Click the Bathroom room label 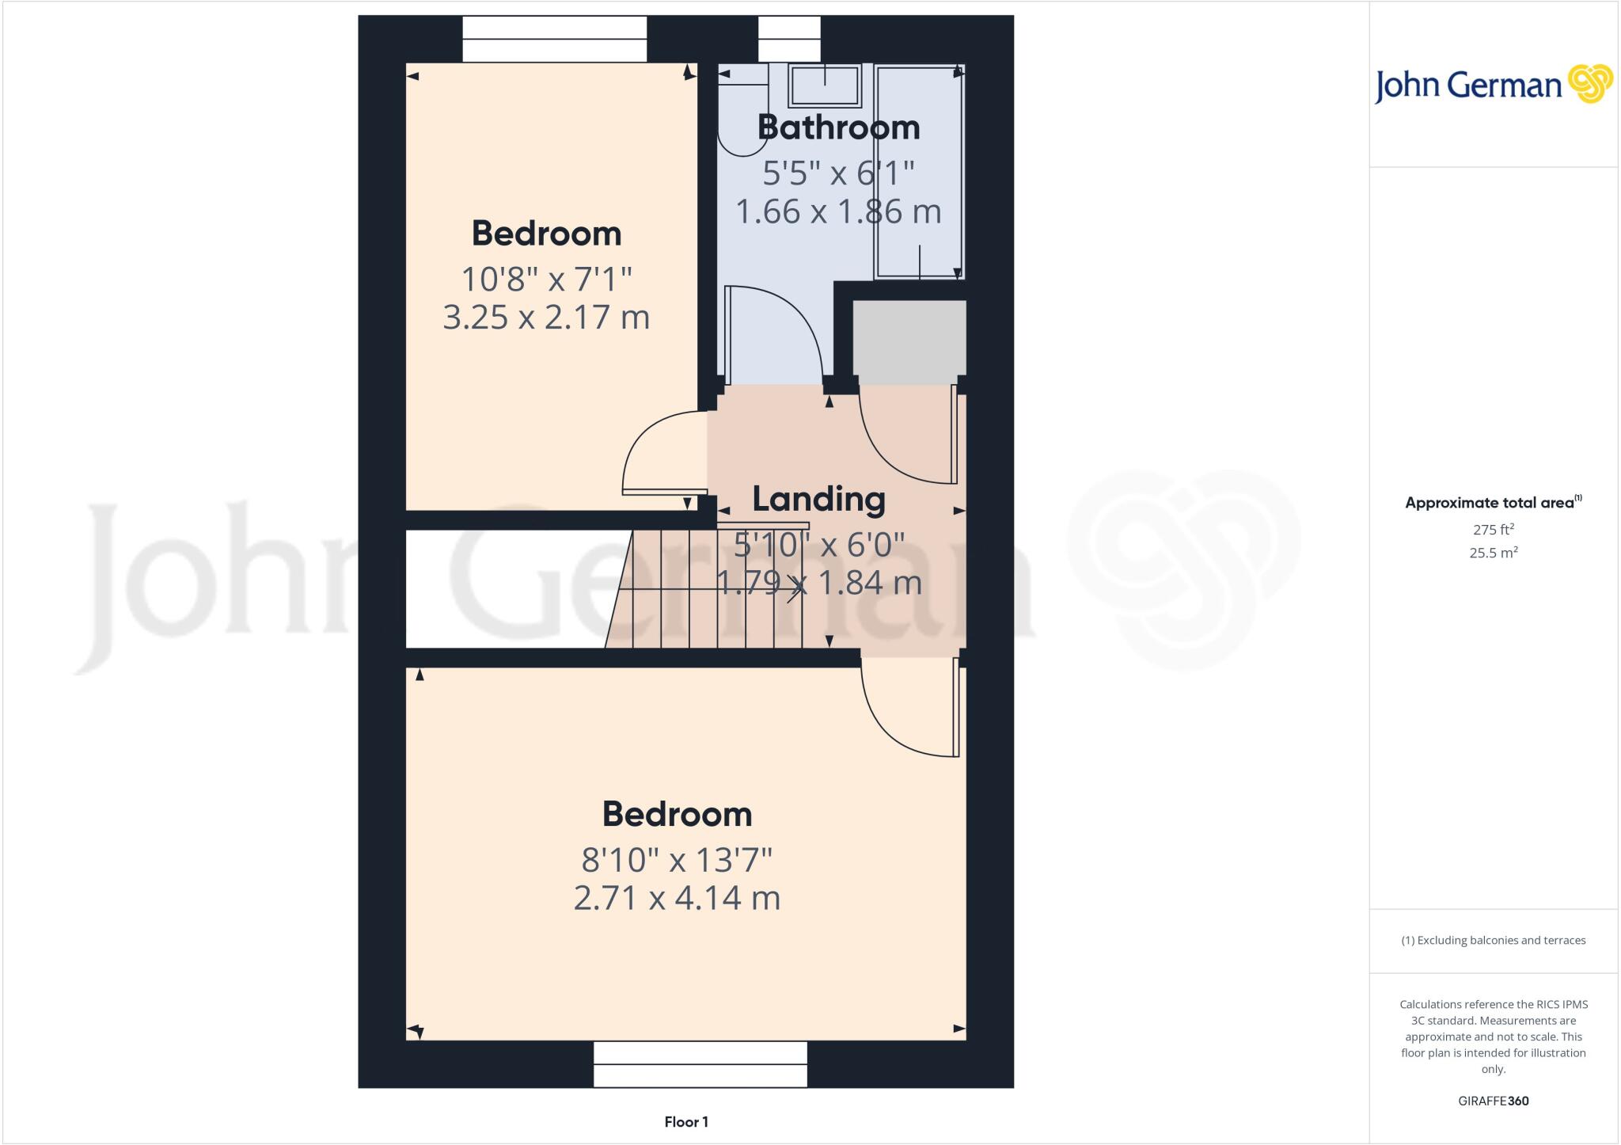click(x=838, y=127)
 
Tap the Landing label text click(x=818, y=499)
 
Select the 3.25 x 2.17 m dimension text click(x=546, y=318)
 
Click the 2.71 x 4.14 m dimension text click(x=677, y=898)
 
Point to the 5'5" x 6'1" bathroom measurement click(x=838, y=172)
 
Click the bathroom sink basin click(x=824, y=85)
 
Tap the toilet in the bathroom click(x=739, y=111)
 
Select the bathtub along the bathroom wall click(x=919, y=170)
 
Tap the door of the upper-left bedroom click(x=663, y=455)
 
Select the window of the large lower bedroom click(x=700, y=1063)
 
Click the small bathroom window click(x=789, y=39)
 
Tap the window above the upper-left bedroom click(x=554, y=39)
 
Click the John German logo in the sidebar click(x=1493, y=84)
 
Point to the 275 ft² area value click(x=1493, y=530)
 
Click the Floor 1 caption click(x=686, y=1121)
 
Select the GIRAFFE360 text click(x=1493, y=1101)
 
